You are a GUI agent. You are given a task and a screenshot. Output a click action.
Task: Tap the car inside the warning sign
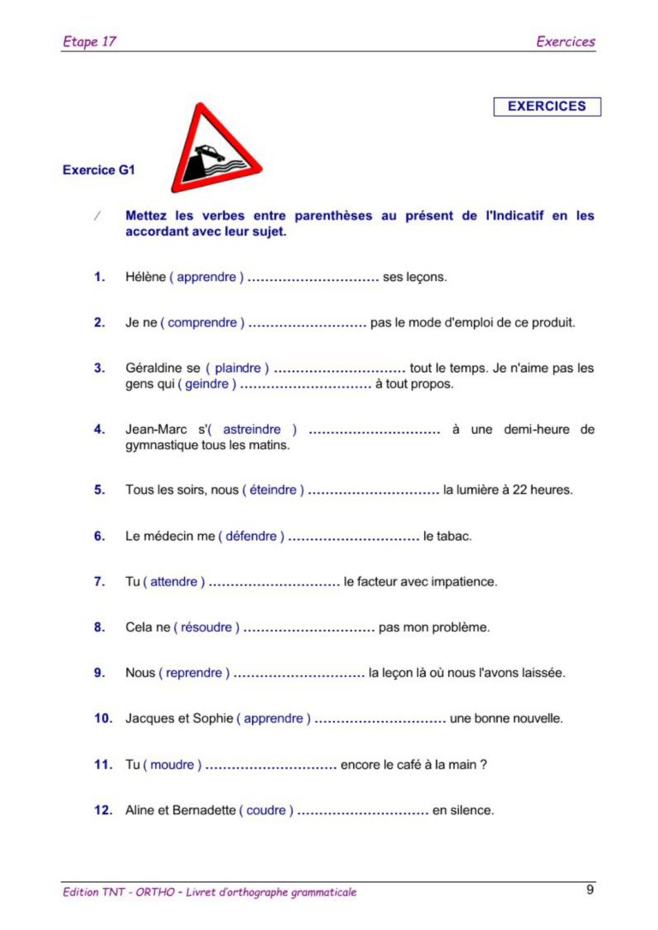point(210,154)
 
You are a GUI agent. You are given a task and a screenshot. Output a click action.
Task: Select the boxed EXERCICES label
point(547,106)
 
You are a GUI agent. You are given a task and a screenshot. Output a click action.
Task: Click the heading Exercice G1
point(99,170)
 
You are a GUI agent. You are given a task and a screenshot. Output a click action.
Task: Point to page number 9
point(590,890)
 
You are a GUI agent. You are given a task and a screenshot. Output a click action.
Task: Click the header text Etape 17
point(89,41)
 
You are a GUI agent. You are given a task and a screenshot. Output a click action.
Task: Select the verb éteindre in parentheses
point(272,490)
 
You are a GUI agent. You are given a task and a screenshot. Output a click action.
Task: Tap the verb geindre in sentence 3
point(206,384)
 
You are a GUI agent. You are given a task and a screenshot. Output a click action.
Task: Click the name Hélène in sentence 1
point(145,277)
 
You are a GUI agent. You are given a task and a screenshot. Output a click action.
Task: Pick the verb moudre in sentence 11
point(172,765)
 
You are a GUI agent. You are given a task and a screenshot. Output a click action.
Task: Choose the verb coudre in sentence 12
point(266,810)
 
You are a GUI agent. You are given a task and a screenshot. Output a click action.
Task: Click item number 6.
point(99,537)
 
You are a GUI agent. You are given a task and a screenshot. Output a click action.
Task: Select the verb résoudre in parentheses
point(206,627)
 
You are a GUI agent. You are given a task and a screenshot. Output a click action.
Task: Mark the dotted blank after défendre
point(353,537)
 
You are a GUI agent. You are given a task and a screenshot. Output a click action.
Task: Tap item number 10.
point(103,718)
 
